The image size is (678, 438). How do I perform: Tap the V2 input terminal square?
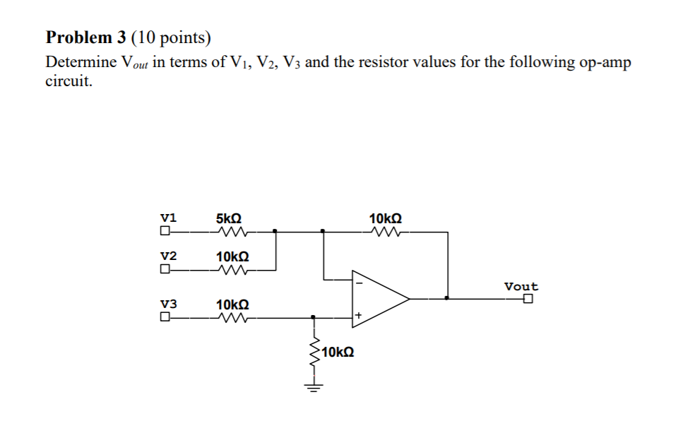(x=165, y=269)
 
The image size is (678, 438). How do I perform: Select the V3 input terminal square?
(x=165, y=317)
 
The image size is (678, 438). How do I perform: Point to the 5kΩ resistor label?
(x=230, y=218)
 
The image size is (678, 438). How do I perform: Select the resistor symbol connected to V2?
(x=232, y=269)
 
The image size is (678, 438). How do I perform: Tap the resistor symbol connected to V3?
(x=232, y=317)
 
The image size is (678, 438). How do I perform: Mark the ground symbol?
(x=313, y=386)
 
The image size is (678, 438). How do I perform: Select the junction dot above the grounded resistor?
(x=313, y=317)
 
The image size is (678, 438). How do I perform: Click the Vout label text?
(x=521, y=286)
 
